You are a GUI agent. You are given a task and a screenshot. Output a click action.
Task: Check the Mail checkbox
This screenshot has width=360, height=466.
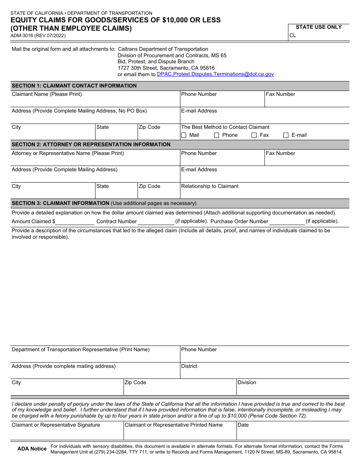pos(184,135)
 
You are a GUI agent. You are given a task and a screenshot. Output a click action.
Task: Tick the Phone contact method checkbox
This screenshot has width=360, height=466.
pos(217,135)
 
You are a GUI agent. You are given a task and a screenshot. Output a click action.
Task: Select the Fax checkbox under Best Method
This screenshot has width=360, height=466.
pos(254,135)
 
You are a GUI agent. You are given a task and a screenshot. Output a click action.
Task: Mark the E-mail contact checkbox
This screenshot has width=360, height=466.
pos(286,135)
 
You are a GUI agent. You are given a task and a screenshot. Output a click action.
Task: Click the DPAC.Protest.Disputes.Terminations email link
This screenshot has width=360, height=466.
pos(215,74)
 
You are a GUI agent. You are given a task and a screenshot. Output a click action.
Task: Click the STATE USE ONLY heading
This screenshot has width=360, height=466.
pos(318,27)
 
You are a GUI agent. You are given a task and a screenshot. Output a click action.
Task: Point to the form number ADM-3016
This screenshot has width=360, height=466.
pos(38,36)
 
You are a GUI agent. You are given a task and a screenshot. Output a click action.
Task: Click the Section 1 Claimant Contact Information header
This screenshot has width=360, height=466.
pos(74,86)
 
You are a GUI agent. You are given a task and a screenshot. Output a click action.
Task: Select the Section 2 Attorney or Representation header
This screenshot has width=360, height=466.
pos(91,144)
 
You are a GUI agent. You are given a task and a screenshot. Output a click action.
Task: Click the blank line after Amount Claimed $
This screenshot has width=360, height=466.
pos(75,222)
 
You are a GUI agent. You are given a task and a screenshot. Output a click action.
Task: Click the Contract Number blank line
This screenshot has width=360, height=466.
pos(155,222)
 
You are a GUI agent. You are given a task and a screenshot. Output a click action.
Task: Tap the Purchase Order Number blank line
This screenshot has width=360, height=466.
pos(287,222)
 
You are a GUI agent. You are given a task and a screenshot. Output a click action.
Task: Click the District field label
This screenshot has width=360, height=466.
pos(189,366)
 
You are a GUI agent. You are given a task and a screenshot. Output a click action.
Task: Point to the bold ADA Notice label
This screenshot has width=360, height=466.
pos(32,449)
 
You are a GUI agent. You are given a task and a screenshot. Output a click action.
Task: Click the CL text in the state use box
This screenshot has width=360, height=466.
pos(293,36)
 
